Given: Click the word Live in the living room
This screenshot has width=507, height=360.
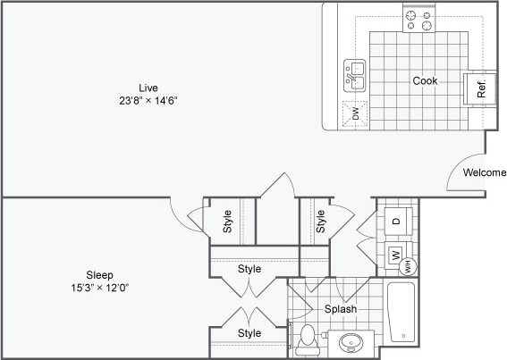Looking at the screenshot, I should pyautogui.click(x=148, y=87).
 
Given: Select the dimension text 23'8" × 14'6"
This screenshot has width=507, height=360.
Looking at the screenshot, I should pyautogui.click(x=148, y=100).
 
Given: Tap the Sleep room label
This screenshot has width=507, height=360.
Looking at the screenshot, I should pyautogui.click(x=98, y=274).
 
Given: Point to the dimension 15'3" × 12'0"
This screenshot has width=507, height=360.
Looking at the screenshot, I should pyautogui.click(x=98, y=288).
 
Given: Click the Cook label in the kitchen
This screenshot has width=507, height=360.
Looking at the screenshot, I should pyautogui.click(x=425, y=80).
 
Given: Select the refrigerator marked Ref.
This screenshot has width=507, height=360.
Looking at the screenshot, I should pyautogui.click(x=478, y=88).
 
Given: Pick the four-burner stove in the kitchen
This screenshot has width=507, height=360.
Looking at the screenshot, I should pyautogui.click(x=420, y=20).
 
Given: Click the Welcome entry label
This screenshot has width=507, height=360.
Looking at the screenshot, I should pyautogui.click(x=485, y=172).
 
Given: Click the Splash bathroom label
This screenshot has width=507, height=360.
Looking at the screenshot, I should pyautogui.click(x=340, y=309).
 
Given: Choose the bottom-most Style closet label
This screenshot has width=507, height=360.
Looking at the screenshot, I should pyautogui.click(x=249, y=333).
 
